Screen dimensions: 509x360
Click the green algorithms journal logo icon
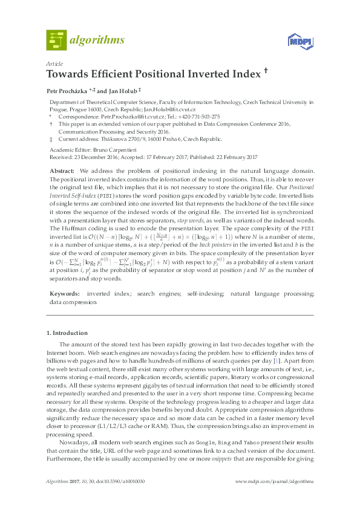pyautogui.click(x=56, y=40)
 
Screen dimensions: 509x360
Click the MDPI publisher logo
pyautogui.click(x=298, y=42)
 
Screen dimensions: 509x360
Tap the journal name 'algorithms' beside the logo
pyautogui.click(x=97, y=41)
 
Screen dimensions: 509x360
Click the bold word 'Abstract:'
pyautogui.click(x=62, y=172)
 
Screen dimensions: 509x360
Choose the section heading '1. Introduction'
pyautogui.click(x=67, y=333)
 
